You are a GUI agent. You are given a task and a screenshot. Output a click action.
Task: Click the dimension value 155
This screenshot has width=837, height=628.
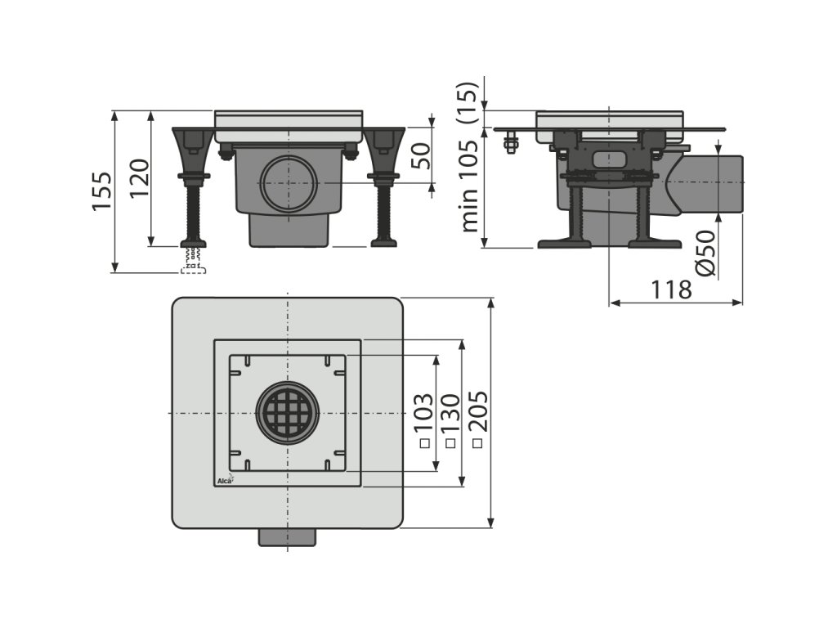coord(101,191)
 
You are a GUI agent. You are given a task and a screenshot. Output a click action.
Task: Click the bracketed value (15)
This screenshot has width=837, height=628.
coord(468,101)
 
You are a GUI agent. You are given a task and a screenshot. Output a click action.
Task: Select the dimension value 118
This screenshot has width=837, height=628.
coord(672,289)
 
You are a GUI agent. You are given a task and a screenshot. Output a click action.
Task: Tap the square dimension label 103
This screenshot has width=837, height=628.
coord(423,419)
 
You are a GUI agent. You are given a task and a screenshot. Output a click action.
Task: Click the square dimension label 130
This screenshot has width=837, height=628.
coord(450,419)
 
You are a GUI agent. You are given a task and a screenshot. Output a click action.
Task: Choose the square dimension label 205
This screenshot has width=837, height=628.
coord(478,418)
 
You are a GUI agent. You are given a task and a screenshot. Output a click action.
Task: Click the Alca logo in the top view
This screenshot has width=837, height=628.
coord(225,480)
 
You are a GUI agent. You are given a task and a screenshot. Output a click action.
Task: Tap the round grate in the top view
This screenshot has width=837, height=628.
coord(287,412)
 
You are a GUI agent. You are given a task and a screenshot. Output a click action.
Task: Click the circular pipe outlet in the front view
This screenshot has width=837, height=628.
coord(289,182)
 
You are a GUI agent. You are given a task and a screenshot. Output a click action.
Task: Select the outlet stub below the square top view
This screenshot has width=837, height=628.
coord(287,537)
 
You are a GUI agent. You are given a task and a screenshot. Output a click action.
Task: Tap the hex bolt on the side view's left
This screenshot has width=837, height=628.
coord(511,146)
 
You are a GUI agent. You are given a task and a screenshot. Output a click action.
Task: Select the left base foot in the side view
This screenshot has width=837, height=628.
coord(564,242)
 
